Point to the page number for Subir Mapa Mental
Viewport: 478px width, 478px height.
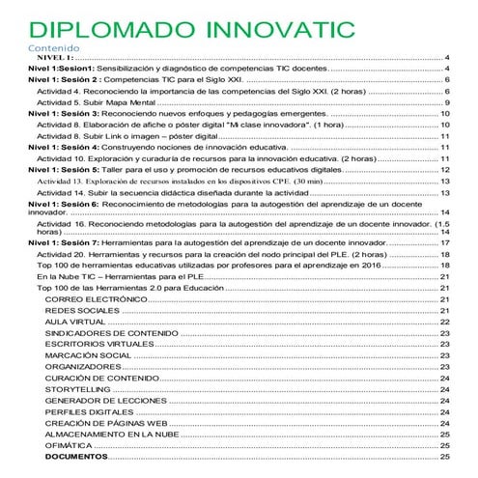tap(447, 102)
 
